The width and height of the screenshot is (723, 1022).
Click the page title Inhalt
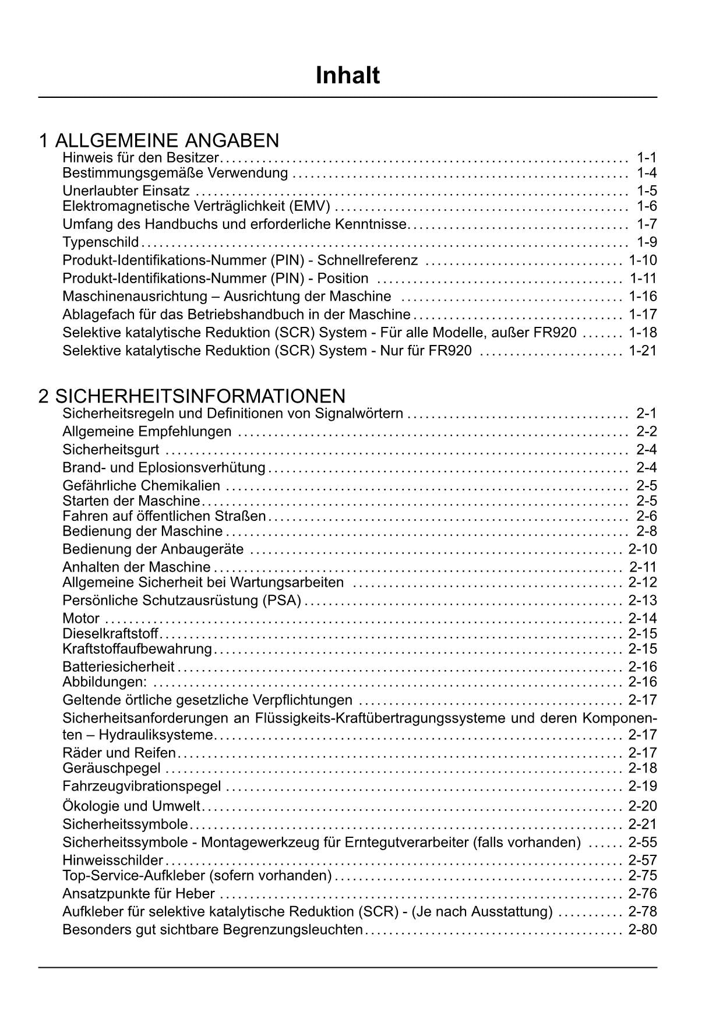(348, 76)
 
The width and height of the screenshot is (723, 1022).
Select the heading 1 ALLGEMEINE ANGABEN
(159, 140)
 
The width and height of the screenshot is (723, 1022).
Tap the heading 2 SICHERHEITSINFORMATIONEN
(192, 396)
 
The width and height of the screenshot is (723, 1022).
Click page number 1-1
(646, 157)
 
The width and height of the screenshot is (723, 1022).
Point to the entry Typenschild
(100, 242)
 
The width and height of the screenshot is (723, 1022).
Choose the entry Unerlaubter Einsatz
(126, 191)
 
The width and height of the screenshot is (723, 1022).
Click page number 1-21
(643, 351)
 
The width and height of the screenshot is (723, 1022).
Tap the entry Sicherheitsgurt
(111, 449)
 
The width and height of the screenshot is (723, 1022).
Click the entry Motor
(81, 618)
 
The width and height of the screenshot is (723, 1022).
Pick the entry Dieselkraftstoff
(110, 633)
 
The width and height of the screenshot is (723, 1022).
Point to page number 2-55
(643, 842)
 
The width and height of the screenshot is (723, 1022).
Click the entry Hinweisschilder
(112, 860)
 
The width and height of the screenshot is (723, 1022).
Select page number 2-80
(643, 929)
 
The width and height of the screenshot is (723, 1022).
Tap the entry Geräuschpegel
(111, 768)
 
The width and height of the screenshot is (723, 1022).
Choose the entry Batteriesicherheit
(118, 667)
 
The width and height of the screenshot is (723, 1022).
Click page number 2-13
(643, 600)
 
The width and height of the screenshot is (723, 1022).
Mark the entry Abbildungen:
(105, 682)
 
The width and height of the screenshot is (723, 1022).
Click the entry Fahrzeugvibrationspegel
(142, 786)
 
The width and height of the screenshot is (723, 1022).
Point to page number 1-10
(643, 260)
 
